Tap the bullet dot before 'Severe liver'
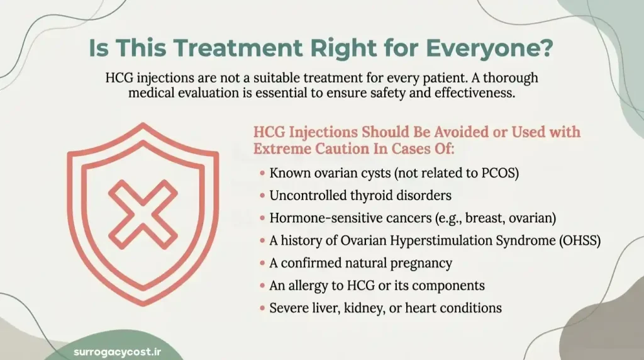(262, 308)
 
